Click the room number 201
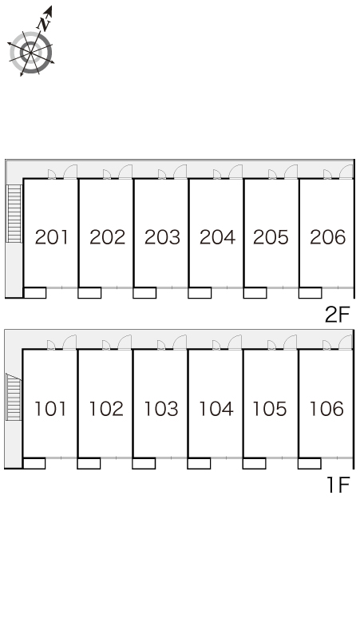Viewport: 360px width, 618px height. (x=52, y=237)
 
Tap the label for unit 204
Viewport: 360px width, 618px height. (x=217, y=237)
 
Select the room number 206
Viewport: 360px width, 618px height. (x=328, y=237)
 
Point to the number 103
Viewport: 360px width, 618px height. (x=161, y=409)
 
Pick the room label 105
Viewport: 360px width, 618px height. (x=270, y=409)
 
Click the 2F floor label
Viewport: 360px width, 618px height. (x=337, y=315)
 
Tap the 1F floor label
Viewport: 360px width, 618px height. (x=338, y=485)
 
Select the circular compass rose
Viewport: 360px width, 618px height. (x=30, y=53)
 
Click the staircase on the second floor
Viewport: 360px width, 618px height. (x=14, y=214)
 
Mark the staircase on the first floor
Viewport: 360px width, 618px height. (x=14, y=398)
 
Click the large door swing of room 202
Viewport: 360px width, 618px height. (x=125, y=172)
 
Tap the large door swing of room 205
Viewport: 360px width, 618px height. (x=291, y=172)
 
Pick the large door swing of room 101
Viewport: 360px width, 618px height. (x=69, y=342)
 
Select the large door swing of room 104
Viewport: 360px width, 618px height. (x=235, y=342)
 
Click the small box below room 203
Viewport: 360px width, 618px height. (x=144, y=292)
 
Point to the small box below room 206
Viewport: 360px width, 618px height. (x=310, y=292)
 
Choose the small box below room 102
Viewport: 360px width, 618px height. (x=89, y=463)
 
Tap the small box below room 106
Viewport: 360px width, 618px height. (x=309, y=463)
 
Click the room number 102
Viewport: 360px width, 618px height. (x=106, y=409)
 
